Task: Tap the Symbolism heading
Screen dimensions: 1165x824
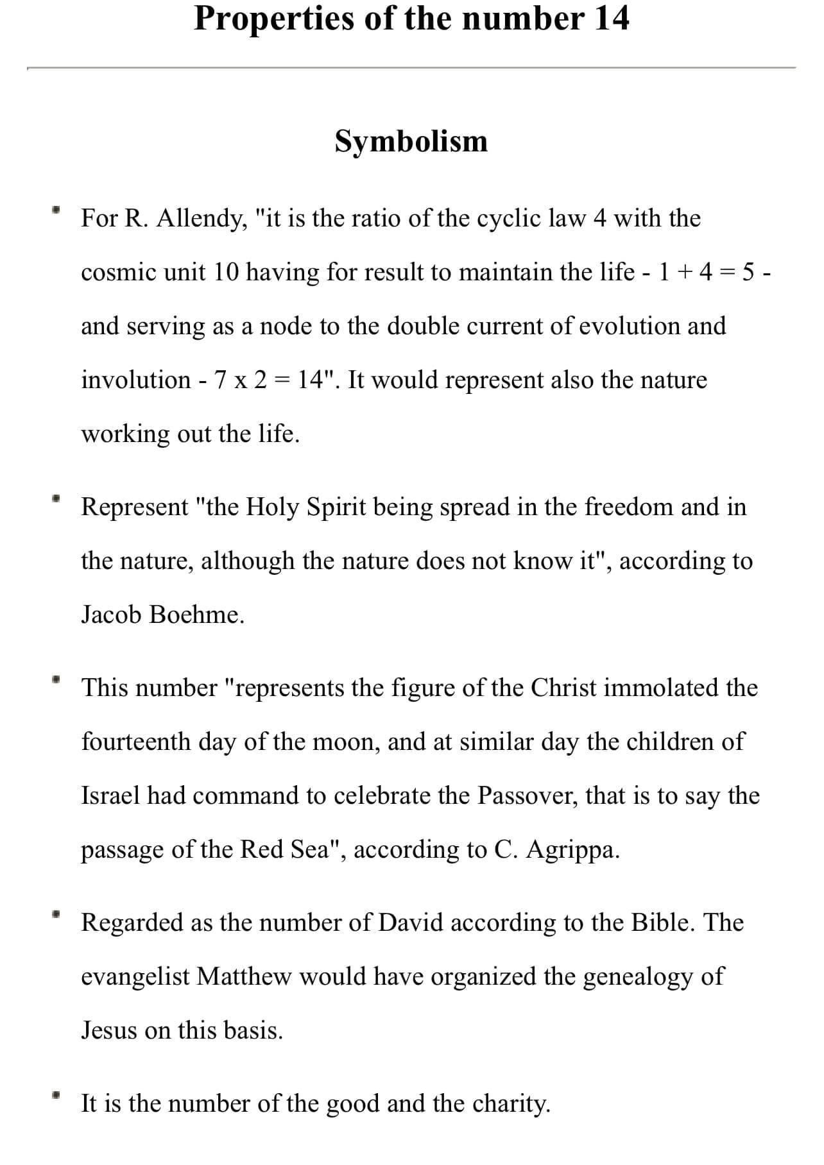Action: [411, 142]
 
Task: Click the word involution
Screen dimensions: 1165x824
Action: [135, 380]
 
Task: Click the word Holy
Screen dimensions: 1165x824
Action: [272, 507]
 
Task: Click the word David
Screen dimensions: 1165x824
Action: [411, 923]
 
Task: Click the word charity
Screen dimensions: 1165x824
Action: [511, 1103]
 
